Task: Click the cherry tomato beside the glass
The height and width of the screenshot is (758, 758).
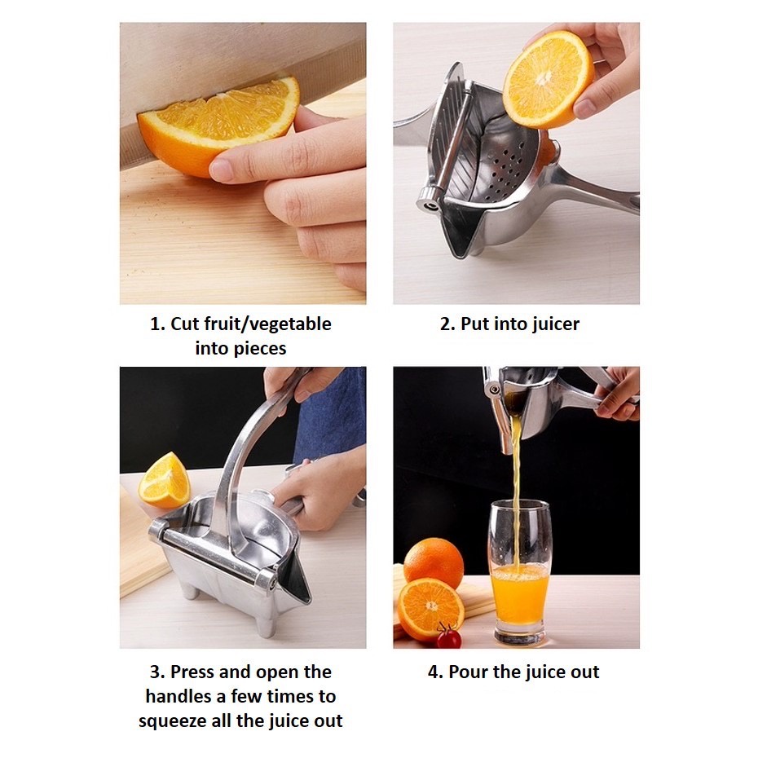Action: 449,637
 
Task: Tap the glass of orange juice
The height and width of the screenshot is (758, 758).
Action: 520,572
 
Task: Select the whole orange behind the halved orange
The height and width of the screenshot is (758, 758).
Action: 433,562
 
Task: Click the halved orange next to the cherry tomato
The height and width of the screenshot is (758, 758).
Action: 430,609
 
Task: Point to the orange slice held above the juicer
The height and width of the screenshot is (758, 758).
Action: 548,79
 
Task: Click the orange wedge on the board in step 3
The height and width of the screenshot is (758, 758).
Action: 164,481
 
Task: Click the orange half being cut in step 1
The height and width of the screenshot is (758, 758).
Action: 218,126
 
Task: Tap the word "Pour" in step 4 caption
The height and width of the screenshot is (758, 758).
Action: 468,672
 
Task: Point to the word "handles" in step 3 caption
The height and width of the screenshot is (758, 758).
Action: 178,696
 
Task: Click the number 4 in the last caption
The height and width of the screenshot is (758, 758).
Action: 434,672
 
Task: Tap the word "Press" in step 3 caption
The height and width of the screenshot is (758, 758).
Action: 192,672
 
